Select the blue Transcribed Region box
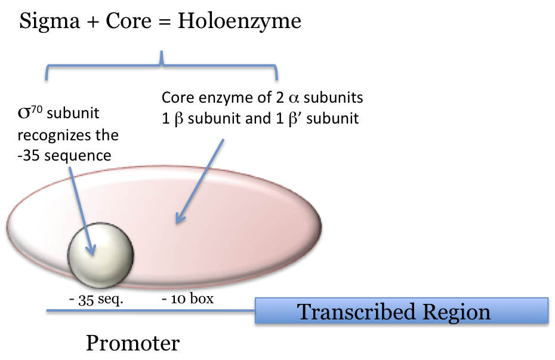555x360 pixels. point(401,311)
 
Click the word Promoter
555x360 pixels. point(132,343)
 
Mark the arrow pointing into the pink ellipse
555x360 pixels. point(200,182)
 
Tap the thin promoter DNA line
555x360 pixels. point(149,310)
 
